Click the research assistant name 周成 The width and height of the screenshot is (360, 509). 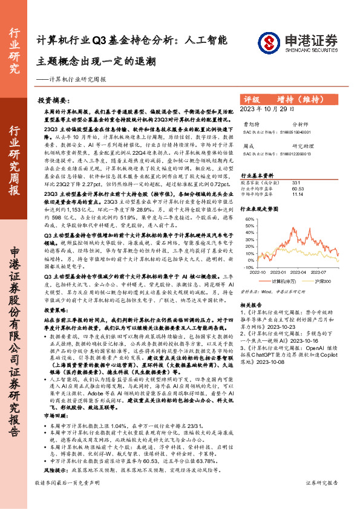point(249,146)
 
